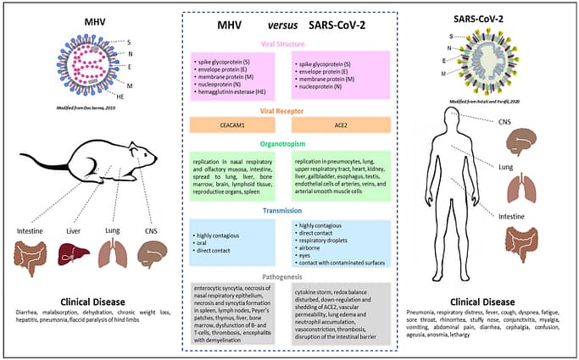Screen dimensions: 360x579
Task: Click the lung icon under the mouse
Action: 113,253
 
